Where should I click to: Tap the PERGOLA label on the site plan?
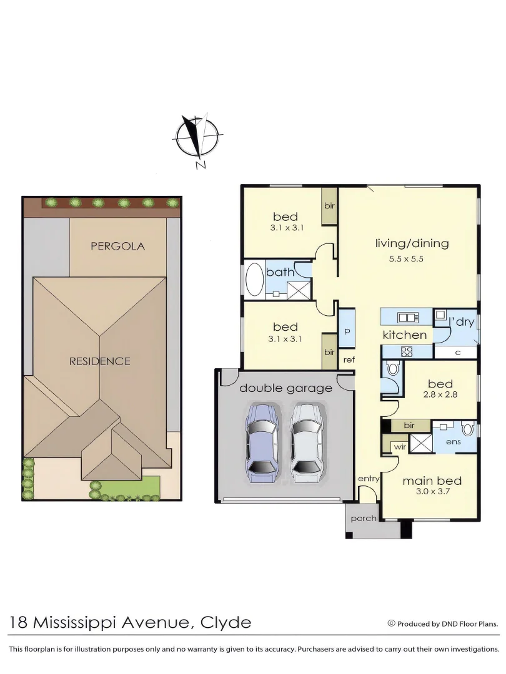pyautogui.click(x=117, y=246)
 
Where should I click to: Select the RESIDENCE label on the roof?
pyautogui.click(x=99, y=361)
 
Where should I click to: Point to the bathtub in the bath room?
pyautogui.click(x=255, y=280)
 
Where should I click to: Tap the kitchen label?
pyautogui.click(x=405, y=335)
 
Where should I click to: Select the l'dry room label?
pyautogui.click(x=462, y=323)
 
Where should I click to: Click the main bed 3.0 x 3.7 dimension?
pyautogui.click(x=432, y=491)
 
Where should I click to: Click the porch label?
pyautogui.click(x=364, y=518)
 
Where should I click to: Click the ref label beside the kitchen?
pyautogui.click(x=349, y=359)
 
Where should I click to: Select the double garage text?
pyautogui.click(x=285, y=388)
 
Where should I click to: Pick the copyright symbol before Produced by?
pyautogui.click(x=392, y=623)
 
